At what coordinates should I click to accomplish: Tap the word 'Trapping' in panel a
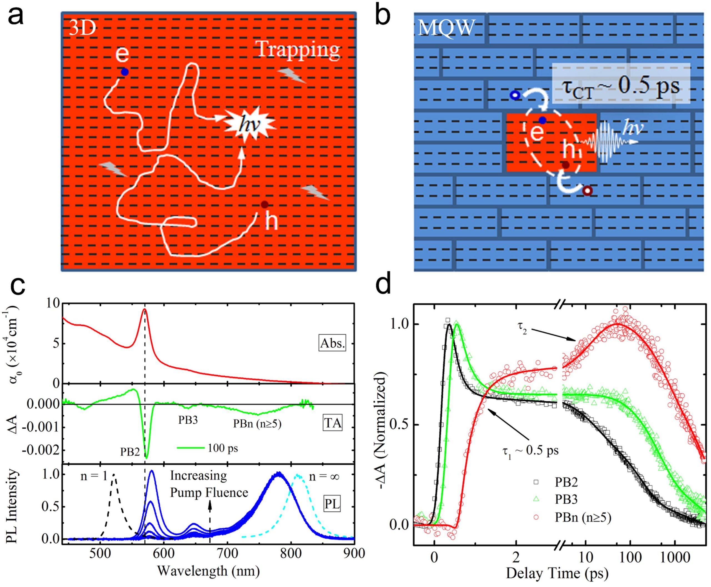tap(298, 50)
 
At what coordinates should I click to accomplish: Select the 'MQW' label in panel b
tap(446, 28)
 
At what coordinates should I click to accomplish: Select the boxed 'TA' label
tap(333, 423)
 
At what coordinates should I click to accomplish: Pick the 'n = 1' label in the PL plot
tap(94, 476)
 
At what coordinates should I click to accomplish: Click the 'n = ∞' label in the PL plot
tap(324, 476)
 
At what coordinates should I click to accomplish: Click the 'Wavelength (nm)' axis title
tap(208, 571)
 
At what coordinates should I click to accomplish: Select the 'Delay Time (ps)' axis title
tap(557, 573)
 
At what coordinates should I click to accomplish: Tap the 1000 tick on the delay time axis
tap(675, 557)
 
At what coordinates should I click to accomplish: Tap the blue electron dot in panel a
tap(125, 72)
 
